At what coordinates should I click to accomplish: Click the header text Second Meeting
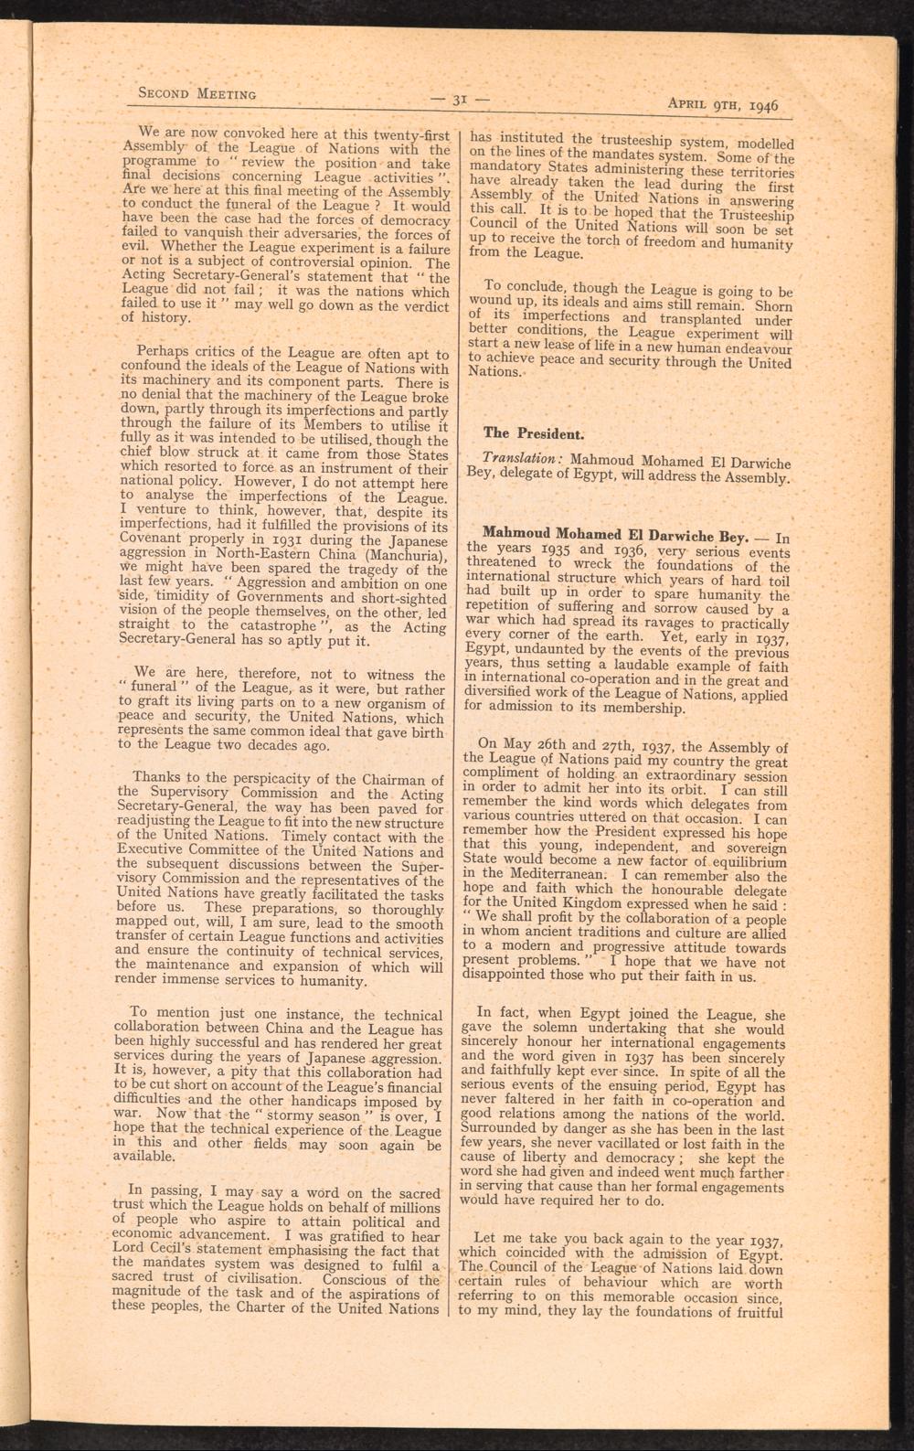coord(196,92)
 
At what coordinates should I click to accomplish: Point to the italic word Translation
coord(515,458)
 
